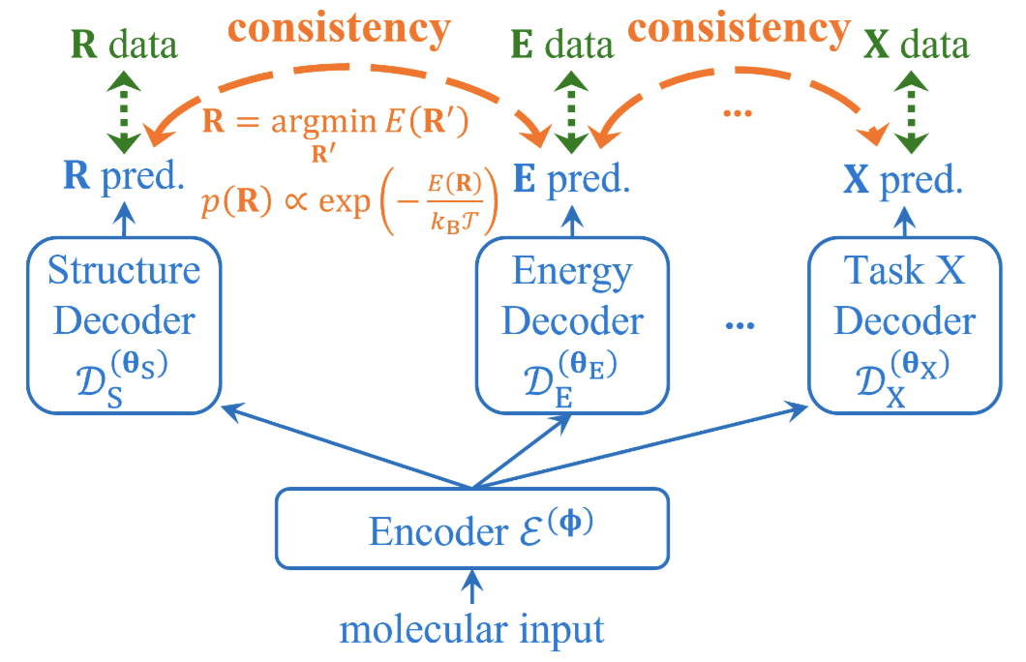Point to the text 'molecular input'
[x=472, y=630]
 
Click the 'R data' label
[x=124, y=45]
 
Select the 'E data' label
[x=564, y=45]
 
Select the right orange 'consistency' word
[x=750, y=28]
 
